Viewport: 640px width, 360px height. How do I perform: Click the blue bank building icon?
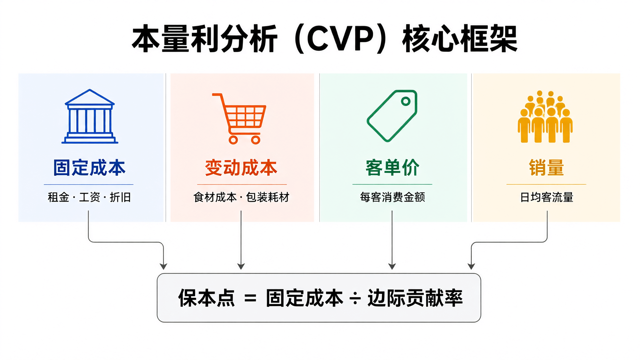click(x=90, y=116)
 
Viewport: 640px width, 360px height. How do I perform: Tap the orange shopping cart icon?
click(x=239, y=119)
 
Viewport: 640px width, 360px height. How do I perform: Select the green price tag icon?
click(x=392, y=116)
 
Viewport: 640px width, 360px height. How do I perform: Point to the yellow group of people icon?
click(x=545, y=117)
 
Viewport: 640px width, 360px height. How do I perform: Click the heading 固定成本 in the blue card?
click(x=89, y=168)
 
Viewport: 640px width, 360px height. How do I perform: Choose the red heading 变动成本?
click(x=241, y=168)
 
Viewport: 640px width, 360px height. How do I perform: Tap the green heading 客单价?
click(x=392, y=168)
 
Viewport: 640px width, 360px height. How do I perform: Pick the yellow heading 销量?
click(x=546, y=168)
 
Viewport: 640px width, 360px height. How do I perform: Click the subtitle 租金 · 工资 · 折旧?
click(x=89, y=197)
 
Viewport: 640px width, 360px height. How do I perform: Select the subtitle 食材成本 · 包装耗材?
click(x=241, y=197)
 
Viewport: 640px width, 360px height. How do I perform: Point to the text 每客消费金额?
click(x=392, y=197)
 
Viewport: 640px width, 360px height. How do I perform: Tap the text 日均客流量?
click(x=547, y=197)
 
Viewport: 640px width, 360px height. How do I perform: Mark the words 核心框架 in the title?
click(x=460, y=39)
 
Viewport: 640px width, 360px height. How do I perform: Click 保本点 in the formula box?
click(x=207, y=298)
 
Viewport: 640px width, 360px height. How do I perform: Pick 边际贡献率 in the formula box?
click(x=415, y=298)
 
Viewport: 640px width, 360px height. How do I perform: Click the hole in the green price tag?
click(x=406, y=101)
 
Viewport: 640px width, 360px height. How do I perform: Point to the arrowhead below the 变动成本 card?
click(x=241, y=266)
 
